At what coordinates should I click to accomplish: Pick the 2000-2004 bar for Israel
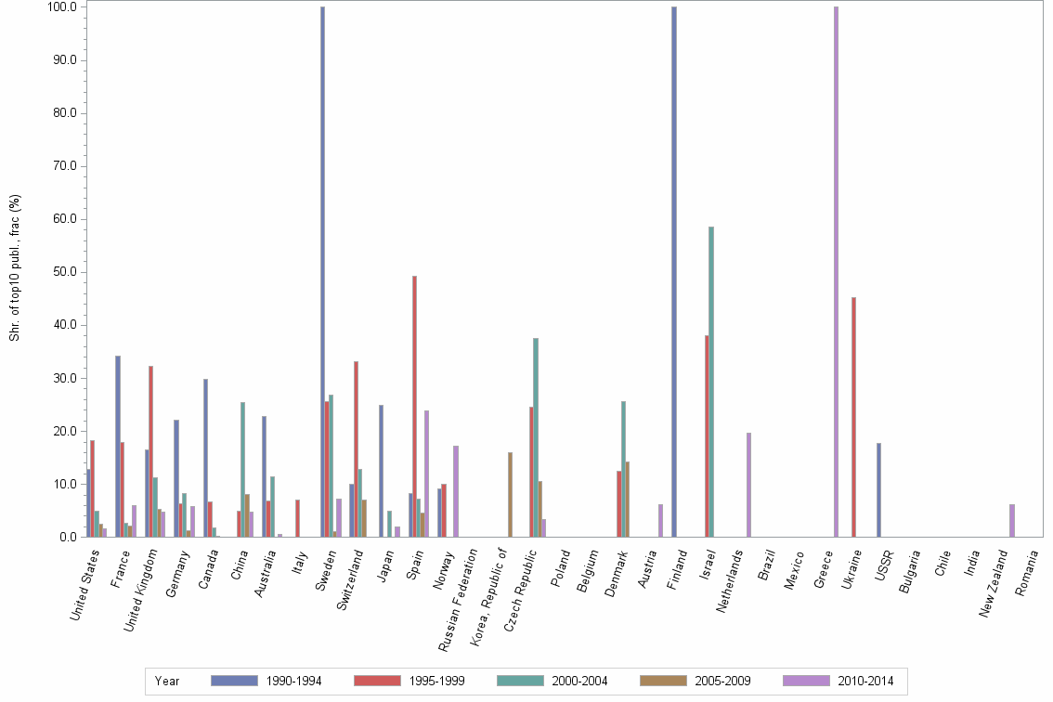tap(711, 382)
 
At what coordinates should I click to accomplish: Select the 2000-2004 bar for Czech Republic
tap(536, 437)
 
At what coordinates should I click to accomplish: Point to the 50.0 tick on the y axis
tap(65, 272)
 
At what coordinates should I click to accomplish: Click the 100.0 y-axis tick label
tap(62, 7)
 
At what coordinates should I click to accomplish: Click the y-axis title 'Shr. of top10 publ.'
tap(14, 268)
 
